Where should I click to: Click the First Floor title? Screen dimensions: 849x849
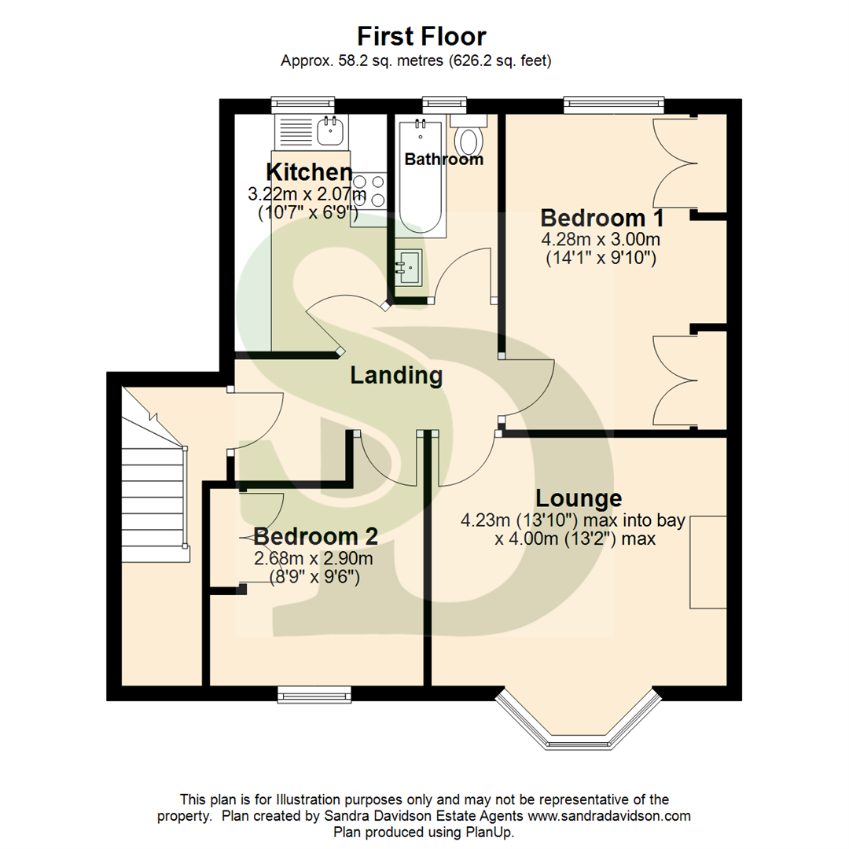pyautogui.click(x=421, y=36)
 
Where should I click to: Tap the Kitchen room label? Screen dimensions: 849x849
pyautogui.click(x=308, y=172)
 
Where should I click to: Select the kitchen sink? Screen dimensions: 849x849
pyautogui.click(x=329, y=130)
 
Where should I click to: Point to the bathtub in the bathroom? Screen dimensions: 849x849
pyautogui.click(x=421, y=177)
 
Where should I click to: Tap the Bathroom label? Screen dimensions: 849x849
pyautogui.click(x=443, y=160)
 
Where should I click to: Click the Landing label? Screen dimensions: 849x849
pyautogui.click(x=396, y=376)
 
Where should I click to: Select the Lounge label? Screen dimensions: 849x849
pyautogui.click(x=579, y=498)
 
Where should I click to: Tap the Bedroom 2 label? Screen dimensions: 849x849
pyautogui.click(x=316, y=537)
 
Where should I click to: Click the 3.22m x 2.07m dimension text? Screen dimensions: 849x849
pyautogui.click(x=308, y=193)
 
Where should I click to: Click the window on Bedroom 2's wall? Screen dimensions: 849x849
pyautogui.click(x=314, y=693)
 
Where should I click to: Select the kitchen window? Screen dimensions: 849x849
pyautogui.click(x=303, y=105)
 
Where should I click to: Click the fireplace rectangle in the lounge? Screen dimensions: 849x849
pyautogui.click(x=707, y=562)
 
